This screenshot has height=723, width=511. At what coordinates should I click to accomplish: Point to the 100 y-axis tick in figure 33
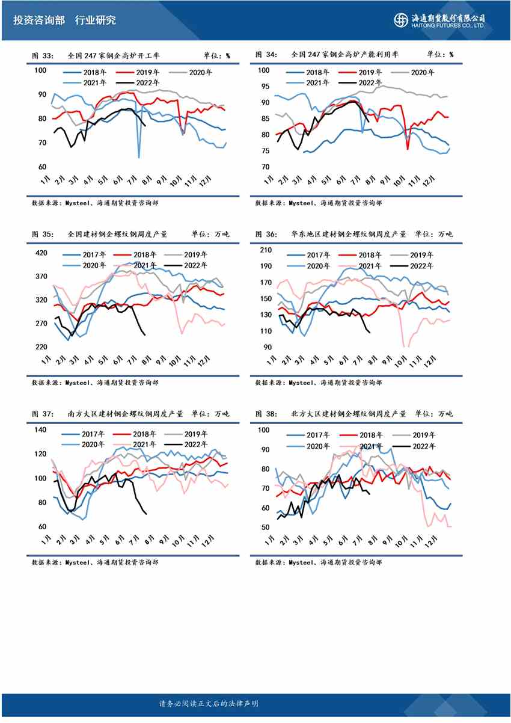[x=41, y=71]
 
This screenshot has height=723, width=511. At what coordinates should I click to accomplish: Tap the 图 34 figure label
[x=267, y=55]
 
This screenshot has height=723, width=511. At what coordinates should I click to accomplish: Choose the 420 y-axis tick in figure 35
[x=41, y=253]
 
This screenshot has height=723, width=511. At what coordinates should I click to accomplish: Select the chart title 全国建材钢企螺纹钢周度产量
[x=118, y=235]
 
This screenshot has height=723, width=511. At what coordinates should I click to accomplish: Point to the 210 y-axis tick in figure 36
[x=265, y=250]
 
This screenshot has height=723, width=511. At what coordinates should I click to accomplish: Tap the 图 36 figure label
[x=267, y=235]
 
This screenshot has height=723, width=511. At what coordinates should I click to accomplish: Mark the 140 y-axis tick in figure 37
[x=41, y=429]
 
